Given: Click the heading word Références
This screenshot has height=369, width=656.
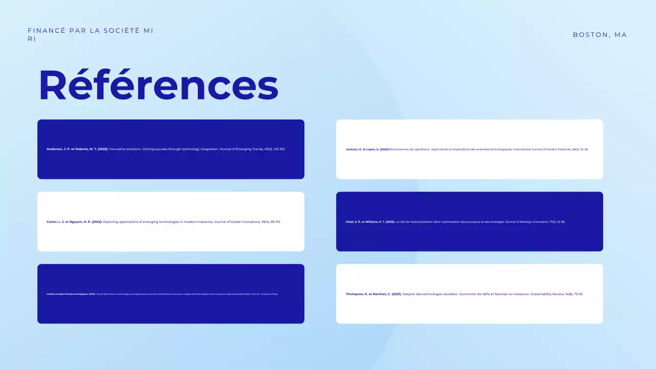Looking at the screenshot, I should tap(158, 85).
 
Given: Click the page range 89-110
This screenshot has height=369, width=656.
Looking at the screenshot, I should tap(275, 222).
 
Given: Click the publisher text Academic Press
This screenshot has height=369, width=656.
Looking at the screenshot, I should tap(271, 294).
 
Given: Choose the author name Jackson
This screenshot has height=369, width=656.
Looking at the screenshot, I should tap(352, 149).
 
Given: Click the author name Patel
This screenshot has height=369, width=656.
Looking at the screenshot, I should tap(350, 222).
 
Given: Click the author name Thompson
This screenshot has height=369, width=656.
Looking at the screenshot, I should tap(355, 294).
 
